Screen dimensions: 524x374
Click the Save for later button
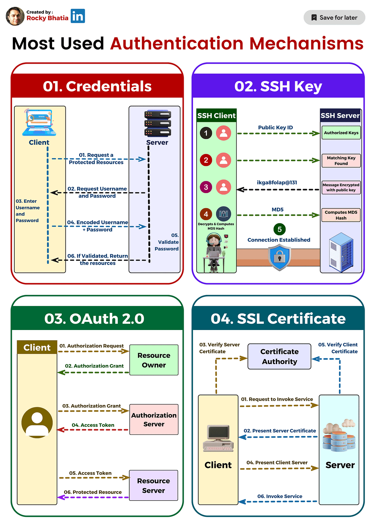[334, 17]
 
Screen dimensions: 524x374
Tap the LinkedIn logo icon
[78, 16]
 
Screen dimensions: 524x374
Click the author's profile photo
[15, 16]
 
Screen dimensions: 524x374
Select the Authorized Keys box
[341, 133]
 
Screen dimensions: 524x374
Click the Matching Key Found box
[341, 161]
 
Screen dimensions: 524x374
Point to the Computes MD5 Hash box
[341, 215]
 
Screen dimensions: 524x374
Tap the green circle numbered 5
[279, 229]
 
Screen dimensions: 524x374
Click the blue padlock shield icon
[280, 257]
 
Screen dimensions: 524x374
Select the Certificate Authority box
[279, 357]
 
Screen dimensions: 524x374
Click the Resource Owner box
[154, 360]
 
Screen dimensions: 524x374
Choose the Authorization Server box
[154, 420]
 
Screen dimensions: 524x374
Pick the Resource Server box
[153, 485]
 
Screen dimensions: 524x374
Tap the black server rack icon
[157, 123]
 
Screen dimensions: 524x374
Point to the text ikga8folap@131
[277, 182]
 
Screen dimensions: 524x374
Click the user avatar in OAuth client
[37, 422]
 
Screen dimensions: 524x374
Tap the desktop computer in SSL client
[218, 438]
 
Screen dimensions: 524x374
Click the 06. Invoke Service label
[280, 496]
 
